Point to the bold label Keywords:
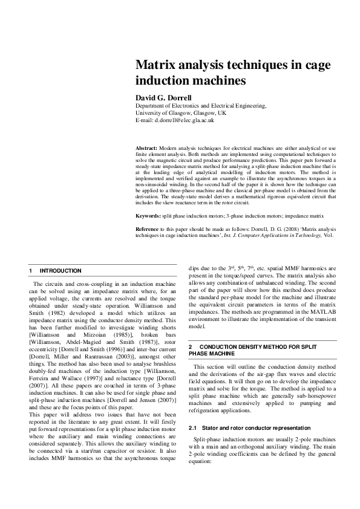pos(148,215)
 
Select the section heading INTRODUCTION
pos(60,270)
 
